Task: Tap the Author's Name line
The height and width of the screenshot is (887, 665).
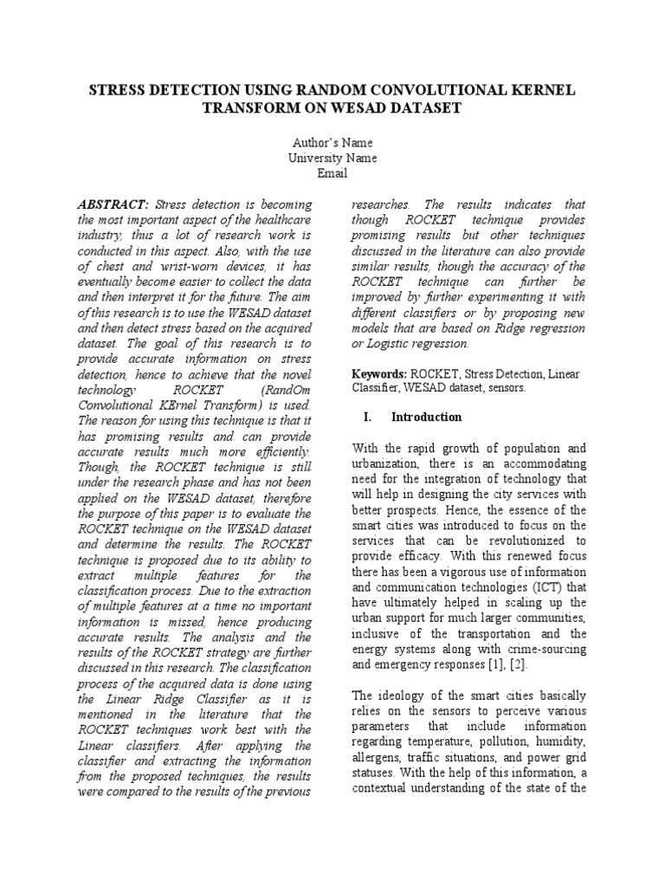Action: click(332, 142)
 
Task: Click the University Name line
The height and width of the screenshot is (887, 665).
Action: click(332, 158)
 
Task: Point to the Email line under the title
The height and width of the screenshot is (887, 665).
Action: click(332, 173)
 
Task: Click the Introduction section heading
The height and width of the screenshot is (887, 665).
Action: click(426, 417)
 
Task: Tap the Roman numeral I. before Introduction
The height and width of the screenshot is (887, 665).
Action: click(367, 417)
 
